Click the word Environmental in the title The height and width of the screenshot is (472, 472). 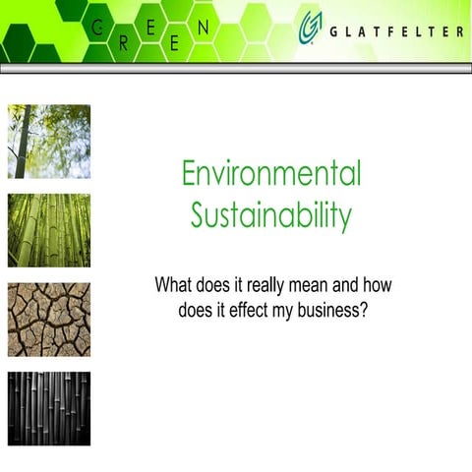pyautogui.click(x=271, y=174)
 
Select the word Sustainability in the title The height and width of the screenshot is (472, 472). pyautogui.click(x=271, y=214)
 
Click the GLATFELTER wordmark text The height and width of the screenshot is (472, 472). pyautogui.click(x=398, y=31)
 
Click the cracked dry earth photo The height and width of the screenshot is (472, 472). pyautogui.click(x=49, y=320)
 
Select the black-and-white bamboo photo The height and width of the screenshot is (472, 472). pyautogui.click(x=49, y=408)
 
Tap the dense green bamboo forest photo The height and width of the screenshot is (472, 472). pyautogui.click(x=49, y=230)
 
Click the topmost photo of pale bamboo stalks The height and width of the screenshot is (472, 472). pyautogui.click(x=49, y=141)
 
